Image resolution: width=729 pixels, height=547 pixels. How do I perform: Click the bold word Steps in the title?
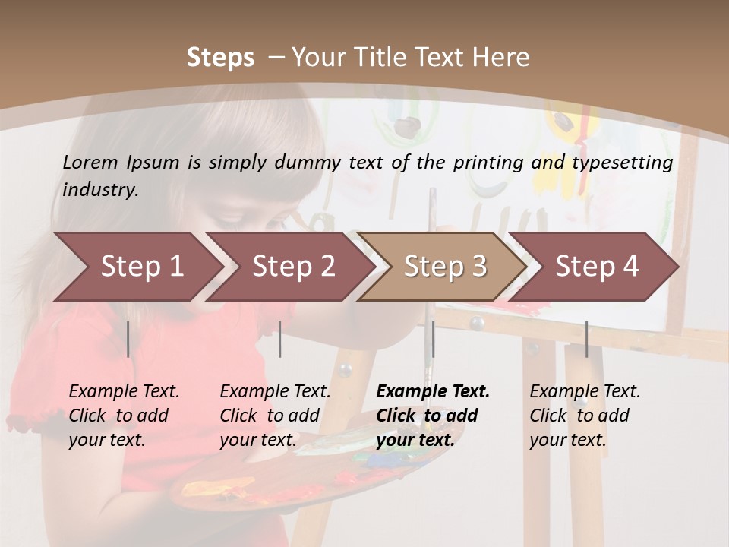tap(220, 58)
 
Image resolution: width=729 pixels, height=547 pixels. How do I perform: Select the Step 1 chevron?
tap(137, 266)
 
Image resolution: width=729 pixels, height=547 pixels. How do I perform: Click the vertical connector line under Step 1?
tap(128, 339)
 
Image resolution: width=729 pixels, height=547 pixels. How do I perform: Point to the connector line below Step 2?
tap(280, 339)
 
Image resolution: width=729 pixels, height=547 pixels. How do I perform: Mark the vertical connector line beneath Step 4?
tap(586, 339)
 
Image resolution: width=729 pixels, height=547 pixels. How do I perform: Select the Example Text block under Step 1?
tap(123, 415)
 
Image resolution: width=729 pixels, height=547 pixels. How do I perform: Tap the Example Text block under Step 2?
tap(274, 415)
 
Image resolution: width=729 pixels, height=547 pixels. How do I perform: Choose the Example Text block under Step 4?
tap(584, 415)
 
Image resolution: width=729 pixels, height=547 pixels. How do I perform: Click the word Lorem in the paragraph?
tap(90, 162)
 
